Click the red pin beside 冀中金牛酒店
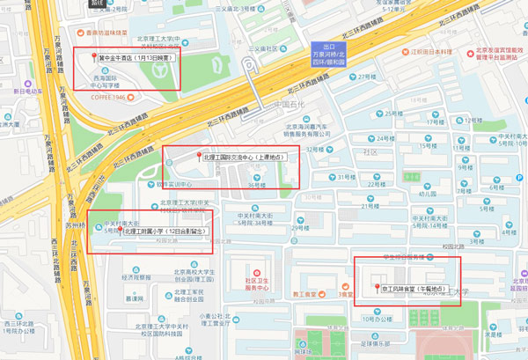pos(94,57)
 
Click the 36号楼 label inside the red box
pos(256,185)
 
